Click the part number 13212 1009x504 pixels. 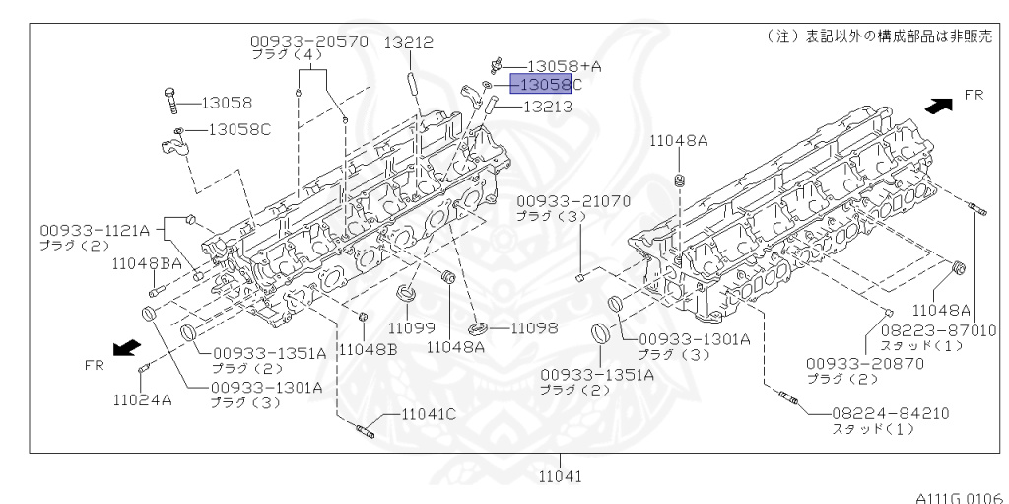[x=408, y=43]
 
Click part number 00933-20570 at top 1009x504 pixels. [x=308, y=42]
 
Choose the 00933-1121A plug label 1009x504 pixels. [x=95, y=230]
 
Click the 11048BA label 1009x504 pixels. [x=147, y=263]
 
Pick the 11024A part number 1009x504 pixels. [x=142, y=401]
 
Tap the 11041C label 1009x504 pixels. [x=429, y=415]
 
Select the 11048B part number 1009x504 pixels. [x=368, y=349]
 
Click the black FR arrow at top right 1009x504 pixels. [x=940, y=104]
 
